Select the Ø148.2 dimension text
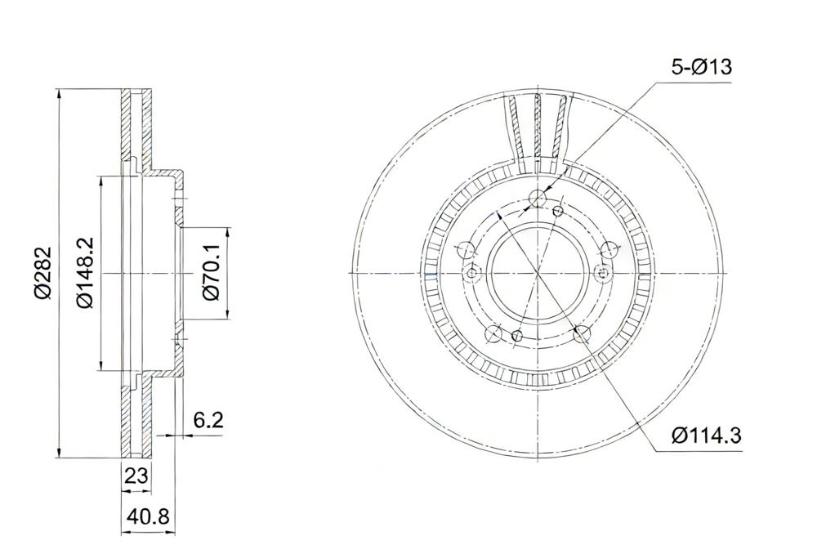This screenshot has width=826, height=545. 85,273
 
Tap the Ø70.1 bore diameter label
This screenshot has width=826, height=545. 212,273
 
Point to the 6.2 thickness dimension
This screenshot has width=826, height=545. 208,420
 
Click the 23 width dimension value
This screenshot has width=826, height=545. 136,476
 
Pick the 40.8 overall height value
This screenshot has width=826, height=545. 148,516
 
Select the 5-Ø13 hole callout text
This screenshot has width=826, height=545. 702,67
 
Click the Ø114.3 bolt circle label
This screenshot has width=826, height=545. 706,436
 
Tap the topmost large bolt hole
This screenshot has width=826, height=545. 538,199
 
